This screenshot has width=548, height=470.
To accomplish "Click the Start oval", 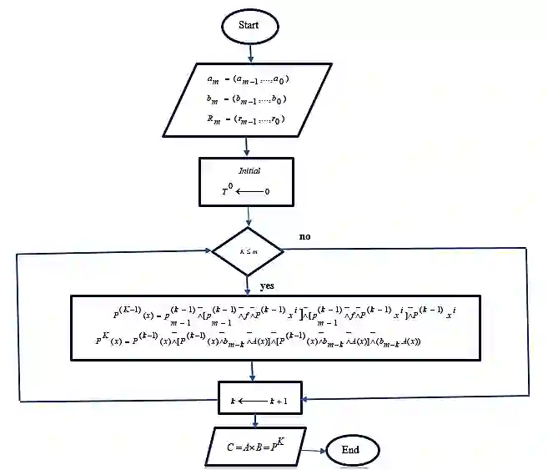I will point(249,25).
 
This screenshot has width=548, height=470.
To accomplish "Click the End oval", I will point(350,451).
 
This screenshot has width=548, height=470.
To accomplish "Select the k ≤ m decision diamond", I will point(249,250).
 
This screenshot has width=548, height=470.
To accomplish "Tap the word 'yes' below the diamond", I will point(267,286).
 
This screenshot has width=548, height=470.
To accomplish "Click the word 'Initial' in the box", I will point(249,170).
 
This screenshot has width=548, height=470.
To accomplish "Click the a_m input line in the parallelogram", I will point(246,80).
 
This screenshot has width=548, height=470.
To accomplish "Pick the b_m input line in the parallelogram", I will point(246,99).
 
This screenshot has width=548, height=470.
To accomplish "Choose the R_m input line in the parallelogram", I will point(246,119).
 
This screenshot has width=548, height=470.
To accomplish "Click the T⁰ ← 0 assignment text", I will point(245,191).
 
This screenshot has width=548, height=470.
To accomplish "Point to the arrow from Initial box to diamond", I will point(248,217).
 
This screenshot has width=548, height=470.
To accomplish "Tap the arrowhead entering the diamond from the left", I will point(209,250).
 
